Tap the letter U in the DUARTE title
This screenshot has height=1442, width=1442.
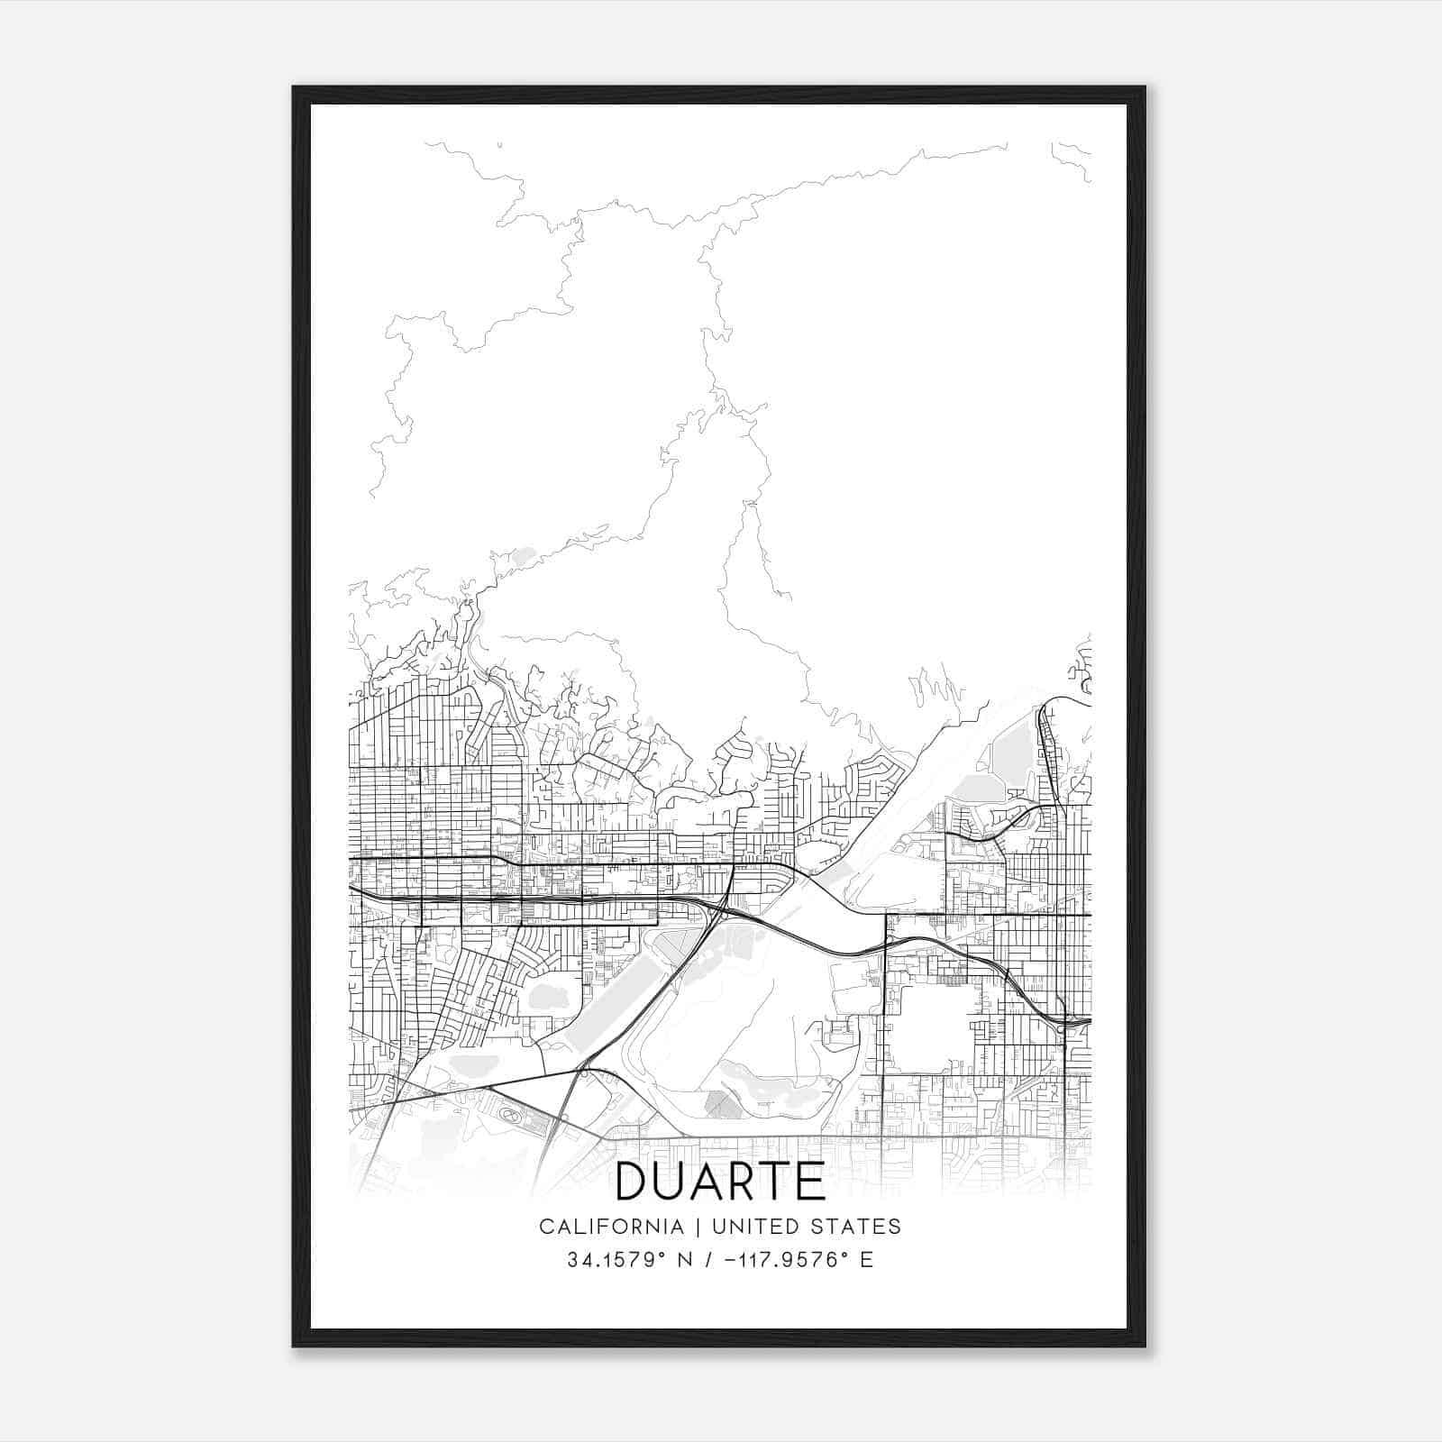click(x=671, y=1182)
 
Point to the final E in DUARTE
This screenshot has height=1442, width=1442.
click(x=811, y=1182)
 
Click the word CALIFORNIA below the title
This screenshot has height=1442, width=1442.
click(x=610, y=1227)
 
